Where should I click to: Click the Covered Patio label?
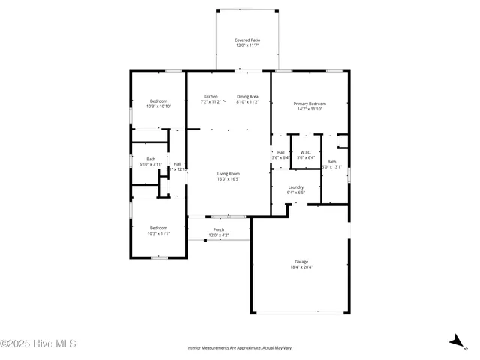pyautogui.click(x=247, y=40)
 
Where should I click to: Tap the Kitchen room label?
pyautogui.click(x=211, y=96)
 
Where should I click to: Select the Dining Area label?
pyautogui.click(x=248, y=96)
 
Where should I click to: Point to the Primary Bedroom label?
pyautogui.click(x=310, y=103)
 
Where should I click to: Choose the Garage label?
pyautogui.click(x=301, y=262)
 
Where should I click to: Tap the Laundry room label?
pyautogui.click(x=295, y=187)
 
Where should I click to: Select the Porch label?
pyautogui.click(x=219, y=229)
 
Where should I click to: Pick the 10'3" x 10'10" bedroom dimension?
pyautogui.click(x=159, y=106)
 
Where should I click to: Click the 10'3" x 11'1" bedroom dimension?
pyautogui.click(x=159, y=233)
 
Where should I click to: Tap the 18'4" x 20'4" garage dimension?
pyautogui.click(x=301, y=267)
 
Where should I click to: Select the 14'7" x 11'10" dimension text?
pyautogui.click(x=310, y=109)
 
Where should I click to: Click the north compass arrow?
pyautogui.click(x=455, y=341)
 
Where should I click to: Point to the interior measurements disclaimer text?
pyautogui.click(x=239, y=348)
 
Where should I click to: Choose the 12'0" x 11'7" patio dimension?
pyautogui.click(x=247, y=46)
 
